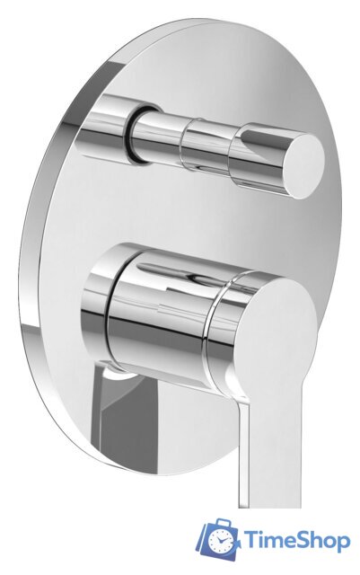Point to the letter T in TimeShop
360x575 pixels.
(x=250, y=540)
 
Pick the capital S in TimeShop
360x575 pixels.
(x=303, y=540)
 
